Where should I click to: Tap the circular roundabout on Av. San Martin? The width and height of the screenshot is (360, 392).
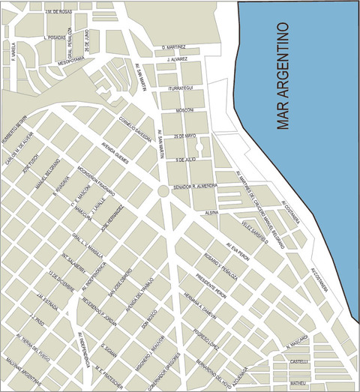coord(162,192)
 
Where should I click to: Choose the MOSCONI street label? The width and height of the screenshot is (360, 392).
coord(184,110)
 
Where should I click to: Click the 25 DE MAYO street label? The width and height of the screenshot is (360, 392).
coord(184,136)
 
